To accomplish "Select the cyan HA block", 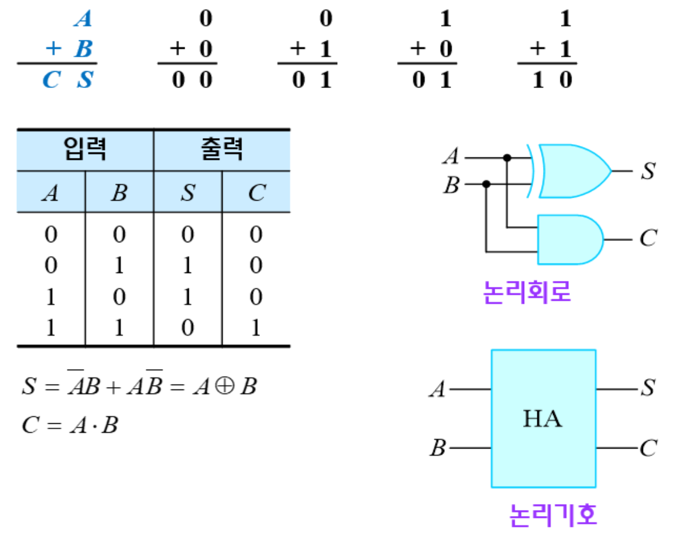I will pyautogui.click(x=543, y=418).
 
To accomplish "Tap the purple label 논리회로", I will pyautogui.click(x=527, y=293).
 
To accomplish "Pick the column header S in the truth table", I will pyautogui.click(x=188, y=193).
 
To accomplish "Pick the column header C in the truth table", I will pyautogui.click(x=256, y=193).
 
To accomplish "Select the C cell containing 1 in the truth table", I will pyautogui.click(x=256, y=327).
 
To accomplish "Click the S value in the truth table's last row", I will pyautogui.click(x=188, y=327).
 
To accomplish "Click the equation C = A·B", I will pyautogui.click(x=70, y=426).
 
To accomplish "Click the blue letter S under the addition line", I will pyautogui.click(x=85, y=80).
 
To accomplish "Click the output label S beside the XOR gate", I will pyautogui.click(x=648, y=171).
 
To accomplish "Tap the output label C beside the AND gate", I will pyautogui.click(x=648, y=239).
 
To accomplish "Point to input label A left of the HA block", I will pyautogui.click(x=437, y=389).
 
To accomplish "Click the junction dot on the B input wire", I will pyautogui.click(x=486, y=184).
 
